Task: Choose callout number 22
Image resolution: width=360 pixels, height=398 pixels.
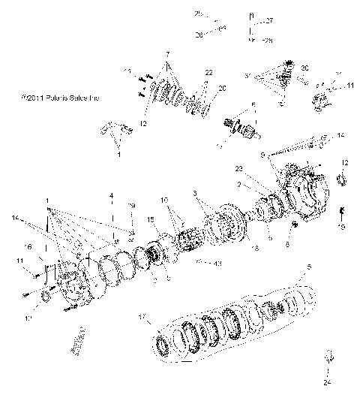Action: pos(208,72)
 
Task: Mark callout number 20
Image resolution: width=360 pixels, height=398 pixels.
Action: pos(222,88)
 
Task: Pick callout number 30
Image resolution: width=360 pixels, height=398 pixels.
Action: pos(304,68)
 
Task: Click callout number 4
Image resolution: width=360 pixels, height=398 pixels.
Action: pos(111,196)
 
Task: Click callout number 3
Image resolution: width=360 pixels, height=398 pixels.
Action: pos(196,194)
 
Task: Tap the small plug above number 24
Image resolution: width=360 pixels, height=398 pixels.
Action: pos(327,354)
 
